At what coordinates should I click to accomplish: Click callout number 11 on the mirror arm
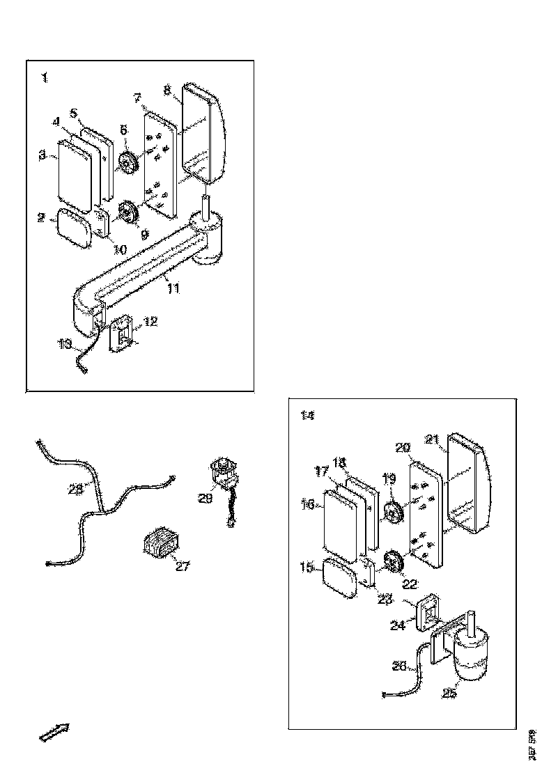point(173,287)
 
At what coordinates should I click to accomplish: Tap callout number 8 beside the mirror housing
point(167,90)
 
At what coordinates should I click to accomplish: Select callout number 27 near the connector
point(182,566)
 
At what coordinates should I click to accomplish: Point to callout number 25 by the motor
point(449,693)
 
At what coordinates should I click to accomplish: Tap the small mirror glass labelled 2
point(75,228)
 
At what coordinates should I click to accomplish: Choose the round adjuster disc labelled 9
point(127,212)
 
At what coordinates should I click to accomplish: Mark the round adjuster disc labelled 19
point(394,514)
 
